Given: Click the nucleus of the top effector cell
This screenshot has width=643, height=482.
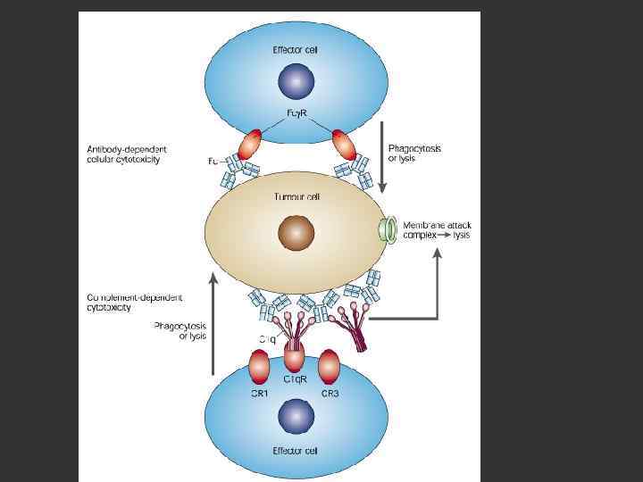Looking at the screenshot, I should pos(295,83).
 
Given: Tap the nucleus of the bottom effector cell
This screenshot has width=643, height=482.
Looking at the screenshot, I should pos(295,417).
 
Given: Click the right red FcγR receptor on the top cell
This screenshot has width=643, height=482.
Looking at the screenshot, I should pos(345,143).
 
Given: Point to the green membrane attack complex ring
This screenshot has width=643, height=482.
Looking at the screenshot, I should pos(388,230).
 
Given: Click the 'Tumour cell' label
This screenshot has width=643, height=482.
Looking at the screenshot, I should pos(295,197).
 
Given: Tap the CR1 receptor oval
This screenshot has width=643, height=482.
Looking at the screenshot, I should pos(259,366).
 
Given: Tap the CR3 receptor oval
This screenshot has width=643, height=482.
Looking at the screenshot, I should pos(329,366).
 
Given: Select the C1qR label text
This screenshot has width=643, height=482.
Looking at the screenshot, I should pos(296,379).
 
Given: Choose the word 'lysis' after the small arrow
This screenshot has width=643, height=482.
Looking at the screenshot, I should pos(461,236).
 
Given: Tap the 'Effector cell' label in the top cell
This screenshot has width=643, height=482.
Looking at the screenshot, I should pos(295,50).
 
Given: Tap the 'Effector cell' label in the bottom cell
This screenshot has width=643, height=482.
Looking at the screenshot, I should pos(295,451).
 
